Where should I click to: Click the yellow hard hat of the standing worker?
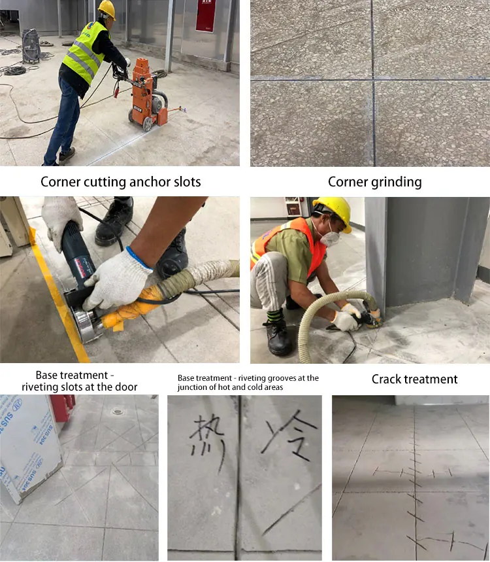pos(106,9)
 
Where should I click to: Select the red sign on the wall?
pos(205,16)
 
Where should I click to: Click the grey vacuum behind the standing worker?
pos(31,44)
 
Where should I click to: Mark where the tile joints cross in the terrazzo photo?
pos(374,80)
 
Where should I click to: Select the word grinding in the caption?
pos(395,182)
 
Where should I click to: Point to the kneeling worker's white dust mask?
pos(331,237)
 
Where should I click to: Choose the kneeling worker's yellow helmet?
pos(334,211)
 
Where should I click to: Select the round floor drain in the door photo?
pos(117,412)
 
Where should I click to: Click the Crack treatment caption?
pos(414,379)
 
